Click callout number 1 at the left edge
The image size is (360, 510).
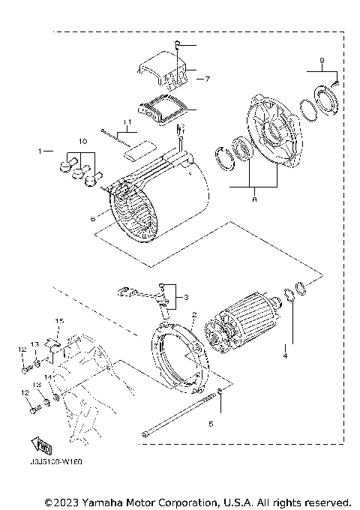(x=41, y=151)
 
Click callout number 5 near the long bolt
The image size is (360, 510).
(x=211, y=424)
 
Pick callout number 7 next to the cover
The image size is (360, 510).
(x=210, y=77)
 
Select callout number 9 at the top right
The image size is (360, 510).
(x=322, y=59)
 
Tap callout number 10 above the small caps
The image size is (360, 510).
(x=83, y=142)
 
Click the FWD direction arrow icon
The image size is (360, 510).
(x=43, y=445)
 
